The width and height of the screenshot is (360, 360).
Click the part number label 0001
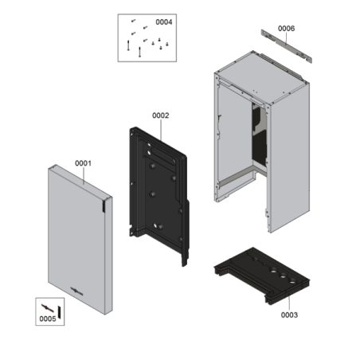pos(83,163)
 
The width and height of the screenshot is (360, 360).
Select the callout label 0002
pos(161,115)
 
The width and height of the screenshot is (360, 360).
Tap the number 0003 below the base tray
pos(289,315)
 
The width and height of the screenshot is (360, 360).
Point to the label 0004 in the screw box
pos(164,22)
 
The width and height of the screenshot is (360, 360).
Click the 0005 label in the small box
pos(48,319)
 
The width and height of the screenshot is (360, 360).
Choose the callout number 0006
pos(286,29)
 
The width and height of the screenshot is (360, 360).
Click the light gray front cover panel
pos(77,239)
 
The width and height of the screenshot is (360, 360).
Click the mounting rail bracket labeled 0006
pos(286,46)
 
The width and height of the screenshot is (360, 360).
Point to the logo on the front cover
pos(76,292)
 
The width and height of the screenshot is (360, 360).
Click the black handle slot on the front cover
pos(104,206)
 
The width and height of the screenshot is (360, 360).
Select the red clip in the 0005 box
pos(48,308)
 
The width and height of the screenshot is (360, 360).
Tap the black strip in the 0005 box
pos(59,312)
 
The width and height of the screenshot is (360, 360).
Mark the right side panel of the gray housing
pos(289,159)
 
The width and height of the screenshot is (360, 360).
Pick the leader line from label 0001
pos(84,175)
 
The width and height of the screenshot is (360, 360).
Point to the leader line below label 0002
pos(161,130)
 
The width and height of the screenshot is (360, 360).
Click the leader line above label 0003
pos(290,303)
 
